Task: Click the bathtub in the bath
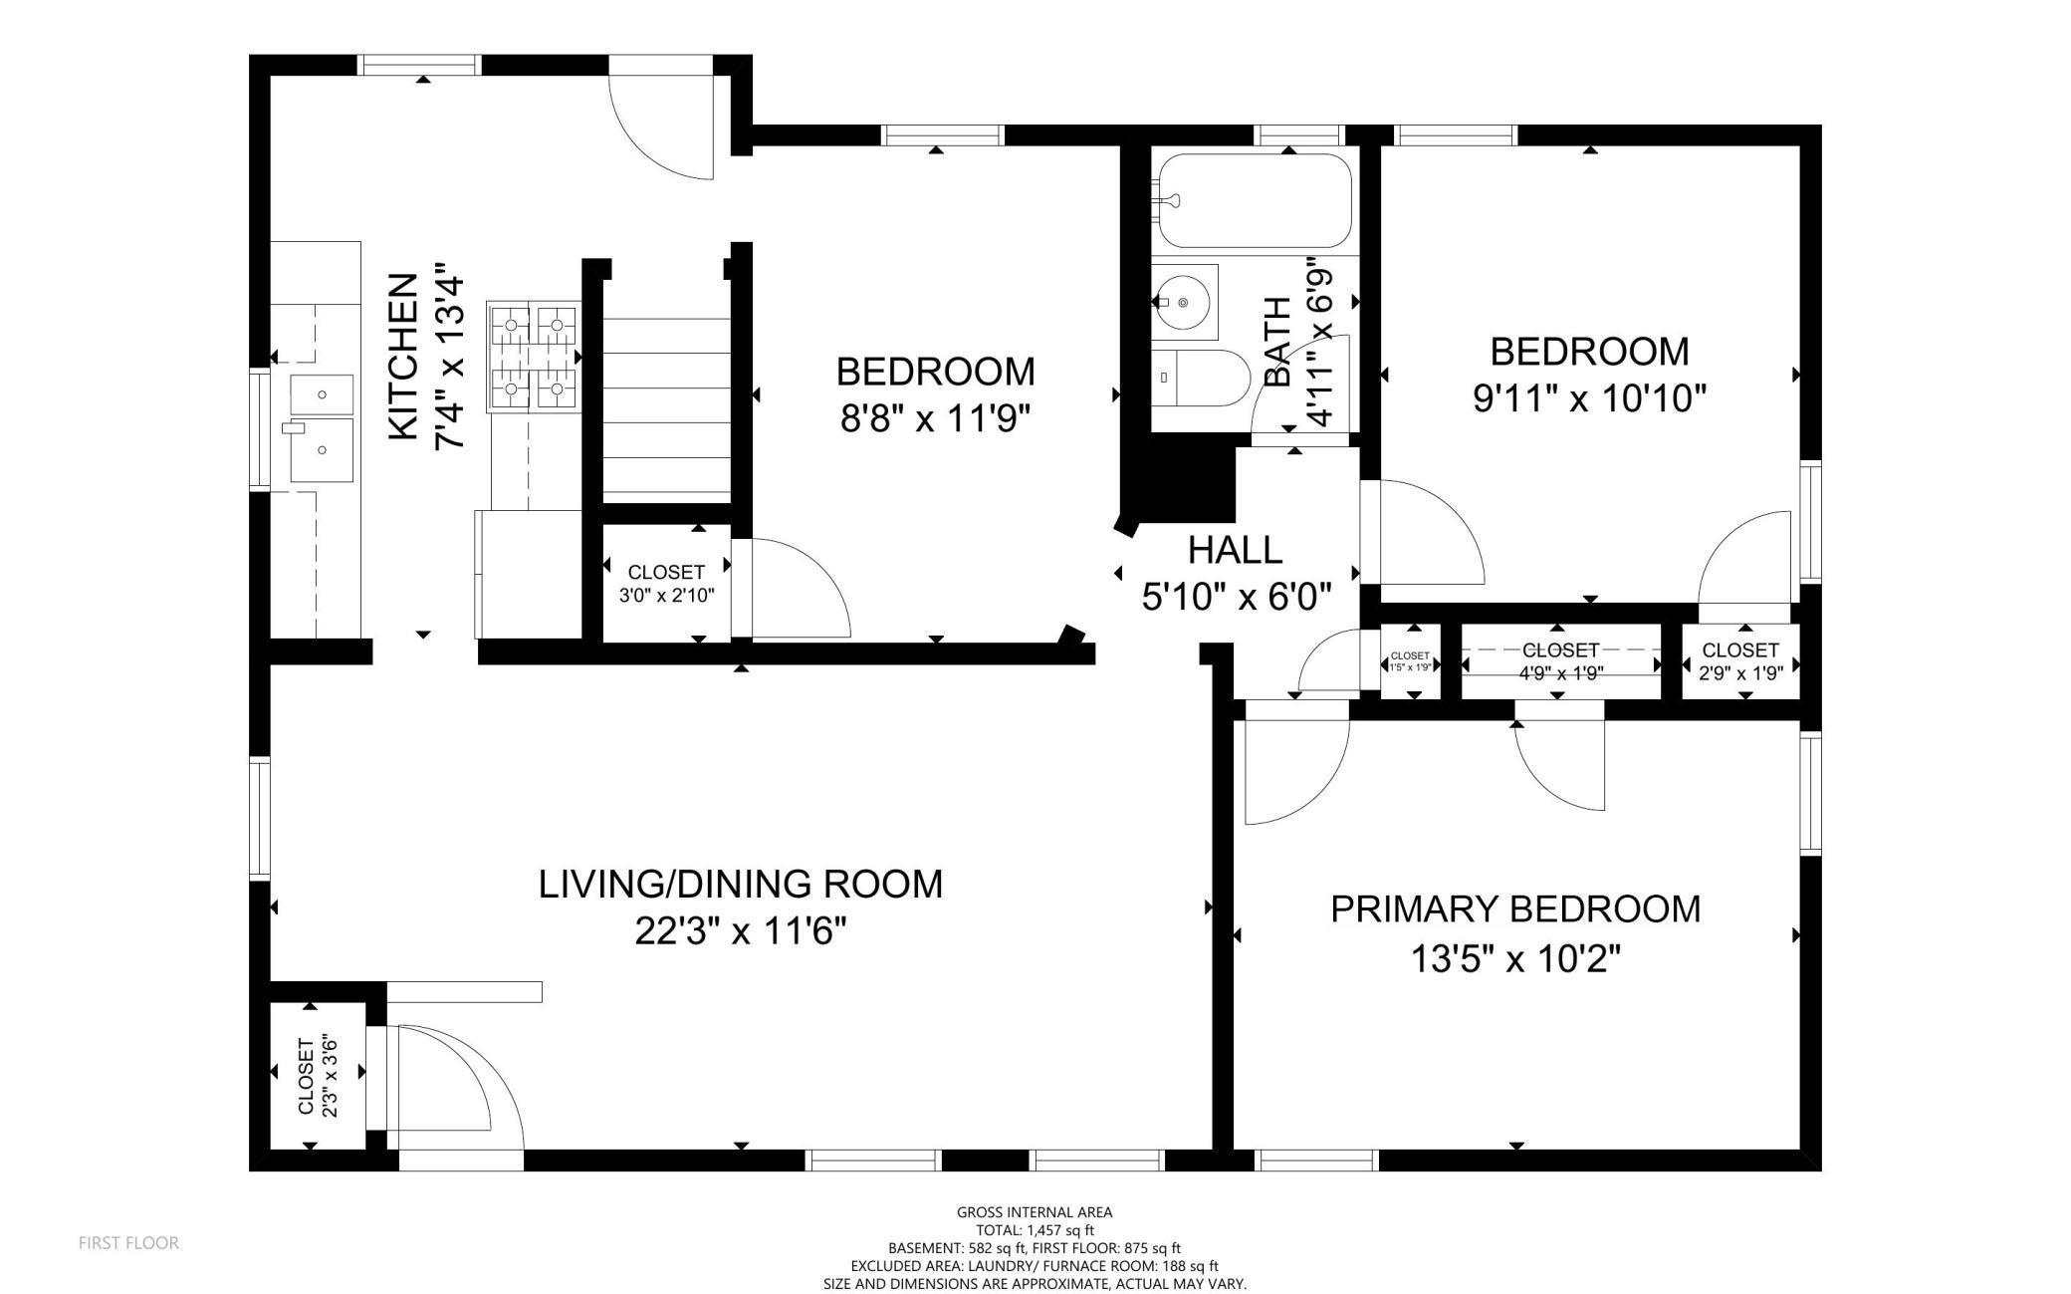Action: [1254, 200]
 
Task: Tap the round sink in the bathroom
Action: [1185, 300]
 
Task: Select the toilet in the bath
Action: [1201, 378]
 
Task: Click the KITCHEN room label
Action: [402, 357]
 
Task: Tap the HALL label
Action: [1235, 550]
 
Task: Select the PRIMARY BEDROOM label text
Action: [1515, 909]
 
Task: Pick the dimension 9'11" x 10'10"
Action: [1590, 398]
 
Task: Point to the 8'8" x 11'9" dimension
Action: [935, 418]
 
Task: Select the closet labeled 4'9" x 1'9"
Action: [1561, 661]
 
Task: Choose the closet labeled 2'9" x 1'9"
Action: [1740, 661]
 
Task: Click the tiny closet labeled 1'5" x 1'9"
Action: [1410, 661]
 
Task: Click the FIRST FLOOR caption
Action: [128, 1242]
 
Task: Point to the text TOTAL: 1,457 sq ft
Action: [1035, 1230]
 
